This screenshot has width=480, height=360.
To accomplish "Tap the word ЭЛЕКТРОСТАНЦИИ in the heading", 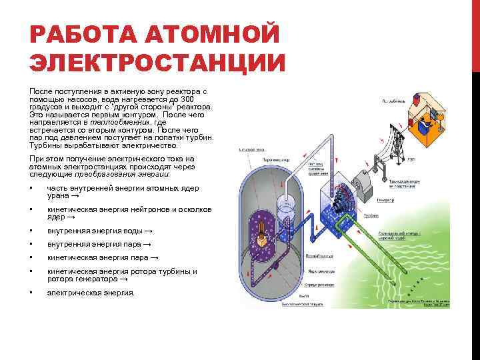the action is coord(157,63).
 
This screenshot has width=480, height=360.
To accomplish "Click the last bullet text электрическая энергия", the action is coord(90,293).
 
